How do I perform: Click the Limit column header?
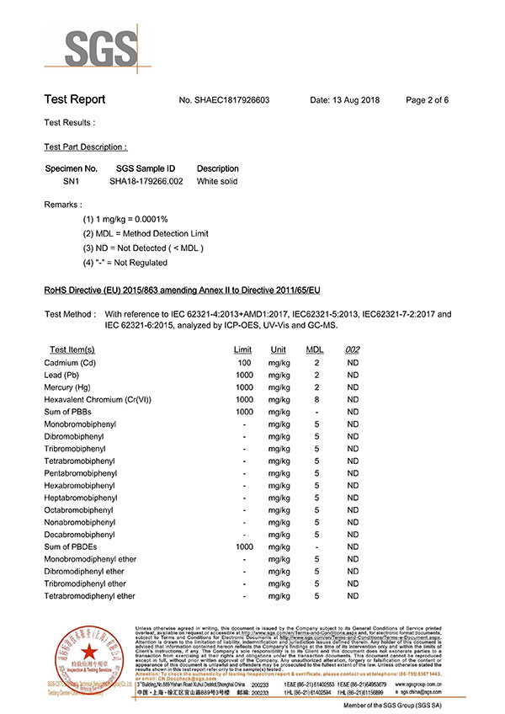242,349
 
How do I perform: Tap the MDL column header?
315,349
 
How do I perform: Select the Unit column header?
278,349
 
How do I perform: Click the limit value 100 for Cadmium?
245,363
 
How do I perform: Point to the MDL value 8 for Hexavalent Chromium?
316,399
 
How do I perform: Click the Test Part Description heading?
86,147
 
